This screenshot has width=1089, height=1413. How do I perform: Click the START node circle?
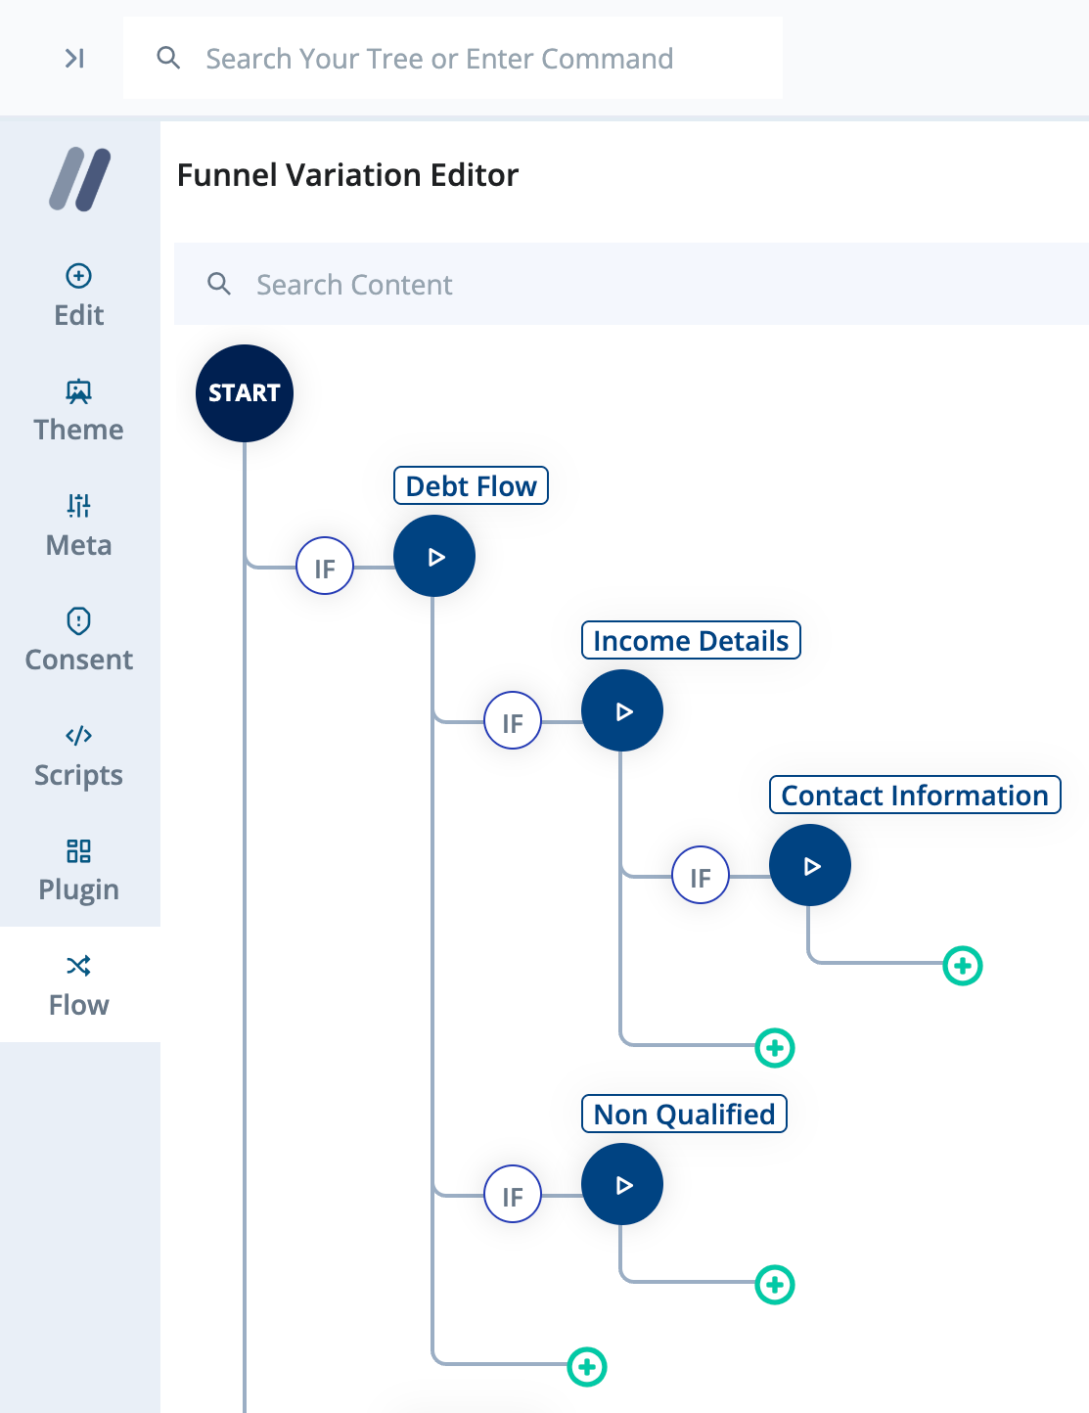click(245, 393)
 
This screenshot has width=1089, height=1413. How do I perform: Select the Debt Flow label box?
click(471, 486)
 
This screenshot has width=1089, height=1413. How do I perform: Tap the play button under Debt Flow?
click(434, 557)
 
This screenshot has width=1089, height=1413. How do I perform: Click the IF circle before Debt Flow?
click(325, 566)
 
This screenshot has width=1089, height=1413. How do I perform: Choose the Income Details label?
click(691, 641)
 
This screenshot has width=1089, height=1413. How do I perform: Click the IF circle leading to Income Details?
click(513, 720)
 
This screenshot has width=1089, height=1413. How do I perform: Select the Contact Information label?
click(915, 796)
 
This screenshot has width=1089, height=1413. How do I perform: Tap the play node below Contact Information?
click(810, 866)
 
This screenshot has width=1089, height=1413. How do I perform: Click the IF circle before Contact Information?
click(701, 875)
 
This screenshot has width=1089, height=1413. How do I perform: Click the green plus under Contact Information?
click(963, 966)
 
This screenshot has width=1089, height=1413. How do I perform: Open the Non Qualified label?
click(684, 1115)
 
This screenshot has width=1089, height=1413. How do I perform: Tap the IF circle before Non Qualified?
click(513, 1194)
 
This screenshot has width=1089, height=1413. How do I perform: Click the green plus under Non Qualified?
click(775, 1285)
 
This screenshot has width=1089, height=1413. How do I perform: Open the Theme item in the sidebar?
click(79, 411)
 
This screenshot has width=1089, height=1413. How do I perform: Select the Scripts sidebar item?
click(79, 756)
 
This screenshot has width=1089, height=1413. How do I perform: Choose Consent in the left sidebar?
click(79, 641)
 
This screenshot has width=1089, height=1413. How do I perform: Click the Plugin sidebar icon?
click(79, 851)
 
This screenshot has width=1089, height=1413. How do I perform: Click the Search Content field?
click(626, 285)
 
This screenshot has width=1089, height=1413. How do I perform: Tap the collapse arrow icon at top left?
click(74, 59)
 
